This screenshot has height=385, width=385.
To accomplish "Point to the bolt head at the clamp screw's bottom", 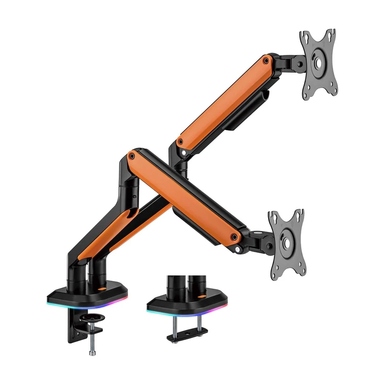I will click(92, 353).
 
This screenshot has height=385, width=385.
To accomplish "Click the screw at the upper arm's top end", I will click(266, 61).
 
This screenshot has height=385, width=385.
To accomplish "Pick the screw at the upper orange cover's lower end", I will click(180, 142).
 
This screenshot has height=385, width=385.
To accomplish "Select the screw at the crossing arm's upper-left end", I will click(131, 155).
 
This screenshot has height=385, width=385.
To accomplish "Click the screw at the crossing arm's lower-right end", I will click(234, 237).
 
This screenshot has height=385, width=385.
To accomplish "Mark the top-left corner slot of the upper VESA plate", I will click(305, 37).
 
